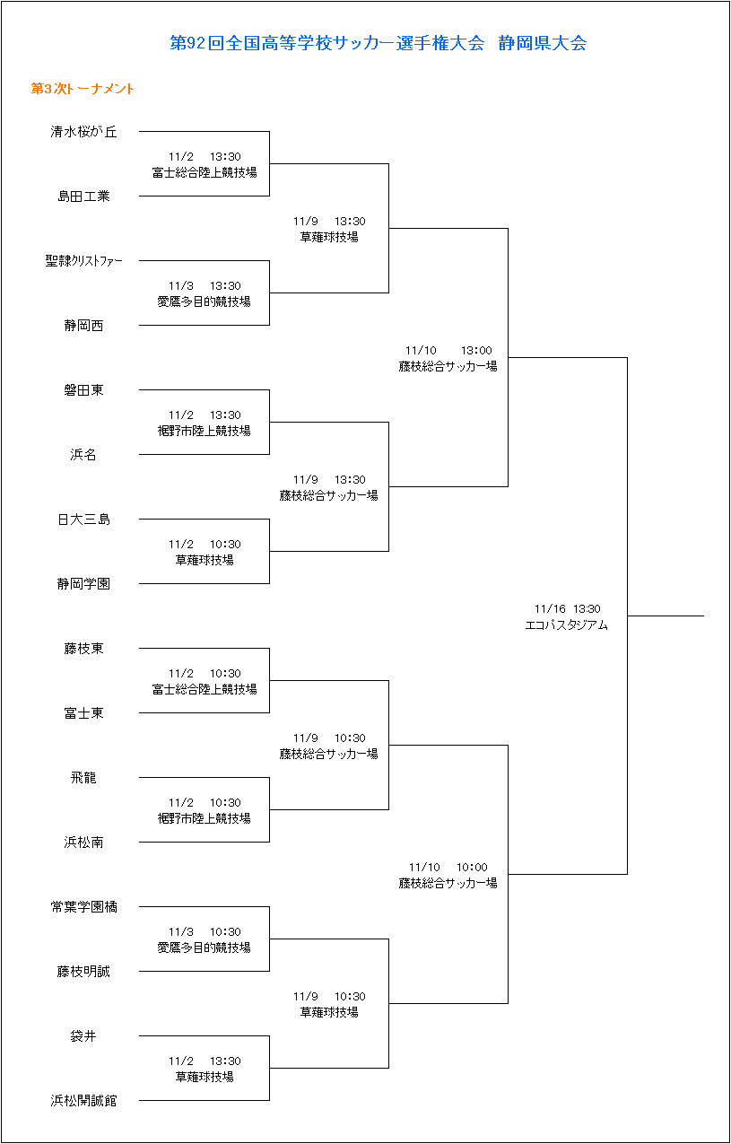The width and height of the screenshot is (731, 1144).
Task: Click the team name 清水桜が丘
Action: pyautogui.click(x=83, y=132)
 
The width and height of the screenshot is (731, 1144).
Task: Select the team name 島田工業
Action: pyautogui.click(x=83, y=196)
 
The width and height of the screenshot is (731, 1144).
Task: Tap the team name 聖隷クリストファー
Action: pyautogui.click(x=83, y=261)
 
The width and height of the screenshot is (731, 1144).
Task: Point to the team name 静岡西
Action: pyautogui.click(x=83, y=326)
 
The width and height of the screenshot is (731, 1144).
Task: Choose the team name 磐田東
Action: pyautogui.click(x=83, y=390)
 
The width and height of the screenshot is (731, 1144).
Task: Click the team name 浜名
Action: pyautogui.click(x=83, y=455)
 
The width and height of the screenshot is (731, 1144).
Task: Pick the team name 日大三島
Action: pyautogui.click(x=83, y=520)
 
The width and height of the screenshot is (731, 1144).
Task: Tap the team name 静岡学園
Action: pyautogui.click(x=83, y=584)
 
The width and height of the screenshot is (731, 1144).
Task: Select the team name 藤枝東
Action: pyautogui.click(x=83, y=649)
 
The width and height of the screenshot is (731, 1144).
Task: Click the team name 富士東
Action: pyautogui.click(x=83, y=713)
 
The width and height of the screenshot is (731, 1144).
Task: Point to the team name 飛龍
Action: pyautogui.click(x=83, y=778)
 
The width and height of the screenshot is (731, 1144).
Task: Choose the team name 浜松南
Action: pyautogui.click(x=83, y=843)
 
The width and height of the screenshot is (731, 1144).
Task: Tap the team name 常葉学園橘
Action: pyautogui.click(x=83, y=907)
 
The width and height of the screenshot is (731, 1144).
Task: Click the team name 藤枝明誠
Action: pyautogui.click(x=83, y=972)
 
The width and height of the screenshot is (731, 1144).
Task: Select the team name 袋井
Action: pyautogui.click(x=83, y=1036)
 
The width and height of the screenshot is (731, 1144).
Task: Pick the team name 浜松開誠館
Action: pyautogui.click(x=83, y=1101)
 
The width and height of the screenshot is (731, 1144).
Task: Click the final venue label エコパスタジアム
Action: pyautogui.click(x=566, y=625)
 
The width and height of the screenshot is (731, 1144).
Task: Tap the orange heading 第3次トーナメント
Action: pyautogui.click(x=83, y=89)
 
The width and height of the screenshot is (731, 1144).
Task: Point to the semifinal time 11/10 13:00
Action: pyautogui.click(x=448, y=351)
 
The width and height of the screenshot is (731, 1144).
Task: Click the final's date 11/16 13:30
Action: pyautogui.click(x=567, y=609)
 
